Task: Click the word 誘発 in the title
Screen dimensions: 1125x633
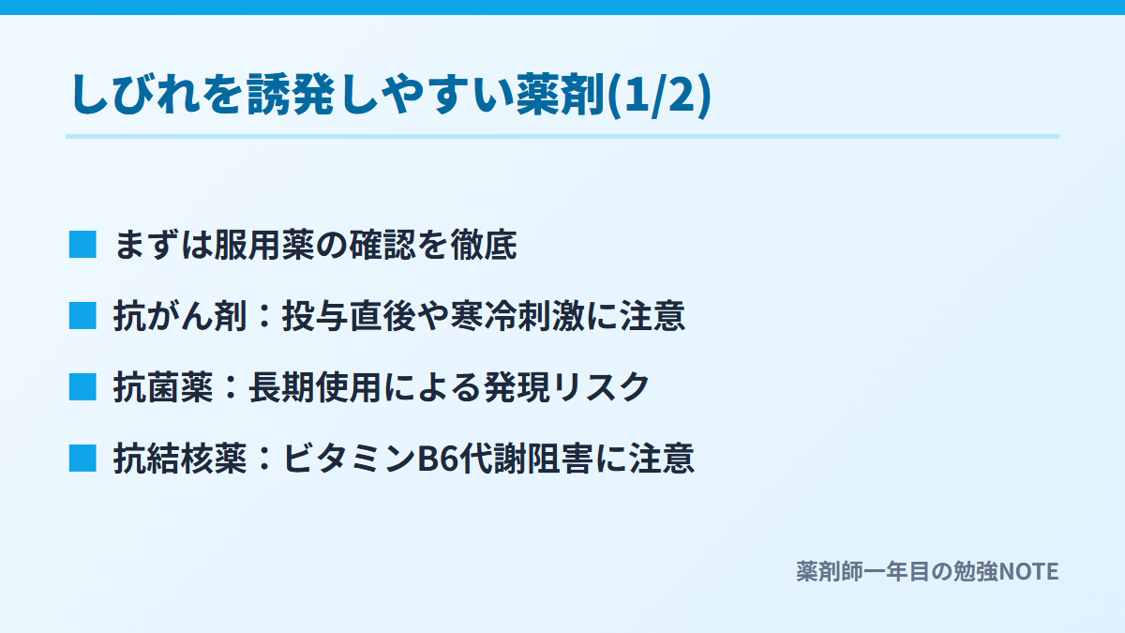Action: point(291,95)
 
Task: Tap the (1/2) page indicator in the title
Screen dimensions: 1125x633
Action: point(659,96)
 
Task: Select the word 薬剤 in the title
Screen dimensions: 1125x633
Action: point(561,95)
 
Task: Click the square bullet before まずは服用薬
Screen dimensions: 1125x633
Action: point(82,245)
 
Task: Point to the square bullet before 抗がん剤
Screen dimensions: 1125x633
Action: point(82,315)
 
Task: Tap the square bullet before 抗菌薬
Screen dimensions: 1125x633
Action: point(82,386)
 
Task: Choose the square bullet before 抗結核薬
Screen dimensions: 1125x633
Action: point(82,459)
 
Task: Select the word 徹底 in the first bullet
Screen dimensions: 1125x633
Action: point(484,245)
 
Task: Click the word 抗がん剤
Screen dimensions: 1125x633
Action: point(180,316)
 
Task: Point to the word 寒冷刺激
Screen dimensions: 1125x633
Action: point(517,316)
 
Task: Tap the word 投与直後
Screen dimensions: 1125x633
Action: point(349,316)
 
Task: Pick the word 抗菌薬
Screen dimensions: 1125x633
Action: point(163,387)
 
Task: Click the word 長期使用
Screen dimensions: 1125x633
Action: point(315,387)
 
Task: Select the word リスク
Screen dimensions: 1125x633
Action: point(601,387)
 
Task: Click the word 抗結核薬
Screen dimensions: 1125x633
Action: point(180,459)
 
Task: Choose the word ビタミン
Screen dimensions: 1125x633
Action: point(349,459)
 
